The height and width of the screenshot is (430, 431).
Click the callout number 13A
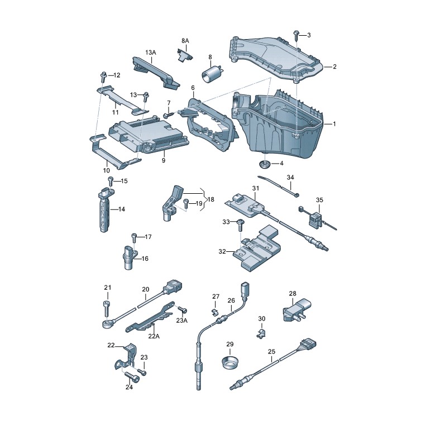(x=151, y=52)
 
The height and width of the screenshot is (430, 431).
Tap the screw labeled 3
(x=296, y=36)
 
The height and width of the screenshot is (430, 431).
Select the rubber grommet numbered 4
(x=265, y=164)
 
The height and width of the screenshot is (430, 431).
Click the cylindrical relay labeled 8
(x=212, y=74)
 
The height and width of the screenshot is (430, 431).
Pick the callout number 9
(x=164, y=160)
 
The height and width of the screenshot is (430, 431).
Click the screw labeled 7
(x=169, y=114)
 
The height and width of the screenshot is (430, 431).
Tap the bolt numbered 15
(x=111, y=181)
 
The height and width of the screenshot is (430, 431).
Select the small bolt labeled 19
(x=186, y=204)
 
